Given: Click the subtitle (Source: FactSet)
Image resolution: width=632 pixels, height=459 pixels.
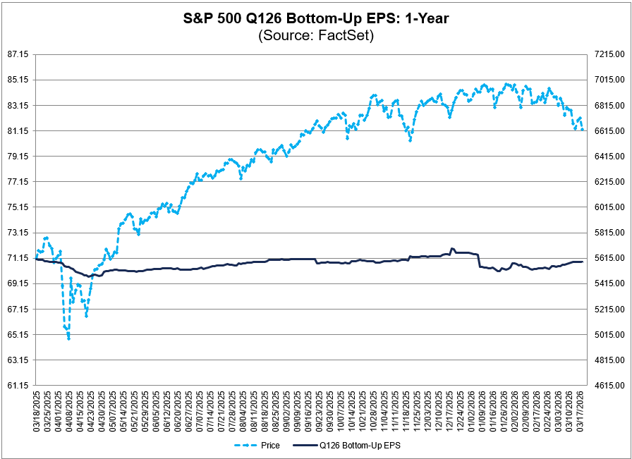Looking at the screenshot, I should point(315,35).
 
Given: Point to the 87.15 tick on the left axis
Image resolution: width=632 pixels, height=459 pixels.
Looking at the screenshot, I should point(16,54).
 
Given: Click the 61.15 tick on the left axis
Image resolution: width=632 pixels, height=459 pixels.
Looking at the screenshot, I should point(16,386).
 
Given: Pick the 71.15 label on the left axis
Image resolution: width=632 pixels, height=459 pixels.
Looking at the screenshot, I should point(16,258).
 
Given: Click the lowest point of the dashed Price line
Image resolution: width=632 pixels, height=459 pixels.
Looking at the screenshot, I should point(68,339).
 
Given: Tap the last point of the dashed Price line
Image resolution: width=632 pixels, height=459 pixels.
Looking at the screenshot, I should point(583,129).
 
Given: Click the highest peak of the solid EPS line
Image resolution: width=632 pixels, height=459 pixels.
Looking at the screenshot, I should point(451,249).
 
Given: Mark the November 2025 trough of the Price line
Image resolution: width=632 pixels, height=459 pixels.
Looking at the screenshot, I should point(410,140).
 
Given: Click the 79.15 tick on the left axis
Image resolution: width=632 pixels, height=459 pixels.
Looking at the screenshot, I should point(16,157).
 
